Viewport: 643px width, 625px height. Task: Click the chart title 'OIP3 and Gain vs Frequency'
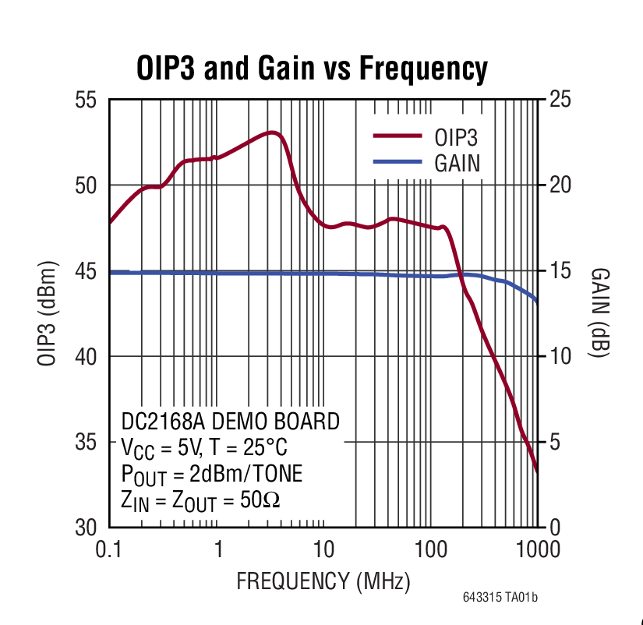pyautogui.click(x=312, y=69)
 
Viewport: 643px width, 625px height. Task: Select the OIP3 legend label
pyautogui.click(x=456, y=138)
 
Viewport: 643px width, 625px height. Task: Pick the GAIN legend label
pyautogui.click(x=457, y=164)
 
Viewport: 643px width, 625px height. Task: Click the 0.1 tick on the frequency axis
pyautogui.click(x=109, y=549)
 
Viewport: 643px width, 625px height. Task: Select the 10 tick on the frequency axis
pyautogui.click(x=323, y=549)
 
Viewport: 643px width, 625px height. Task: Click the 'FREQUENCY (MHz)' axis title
pyautogui.click(x=323, y=581)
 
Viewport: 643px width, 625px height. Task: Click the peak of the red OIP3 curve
pyautogui.click(x=272, y=133)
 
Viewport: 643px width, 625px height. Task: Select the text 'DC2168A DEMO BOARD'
pyautogui.click(x=230, y=422)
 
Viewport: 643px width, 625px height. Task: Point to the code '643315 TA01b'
pyautogui.click(x=500, y=598)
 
